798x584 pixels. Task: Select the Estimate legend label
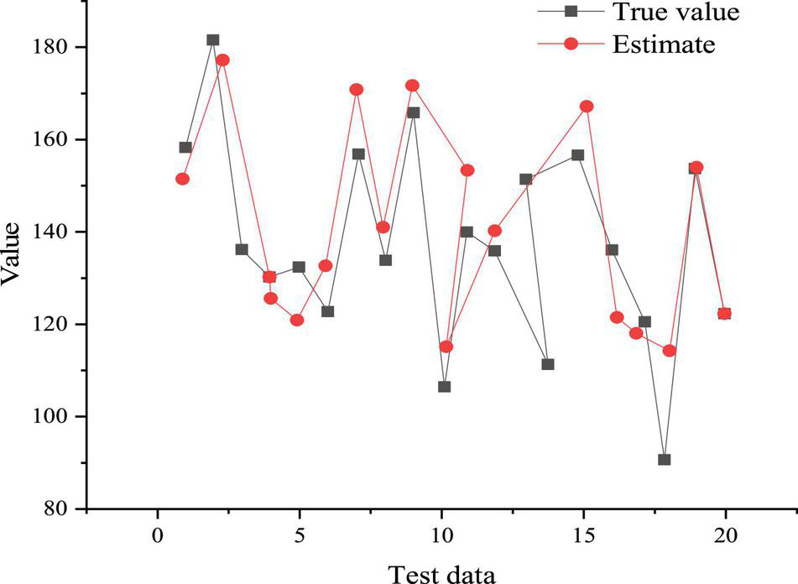[x=664, y=44]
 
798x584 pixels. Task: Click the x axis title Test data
[x=441, y=572]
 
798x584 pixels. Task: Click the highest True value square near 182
[x=213, y=40]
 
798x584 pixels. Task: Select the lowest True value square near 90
[x=665, y=460]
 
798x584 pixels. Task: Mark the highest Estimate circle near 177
[x=222, y=60]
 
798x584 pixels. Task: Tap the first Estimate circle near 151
[x=182, y=179]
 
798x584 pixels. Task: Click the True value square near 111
[x=548, y=364]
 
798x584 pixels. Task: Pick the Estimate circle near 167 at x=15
[x=587, y=107]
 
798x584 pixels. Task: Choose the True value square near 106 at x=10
[x=444, y=387]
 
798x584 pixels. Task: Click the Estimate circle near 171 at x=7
[x=357, y=90]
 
